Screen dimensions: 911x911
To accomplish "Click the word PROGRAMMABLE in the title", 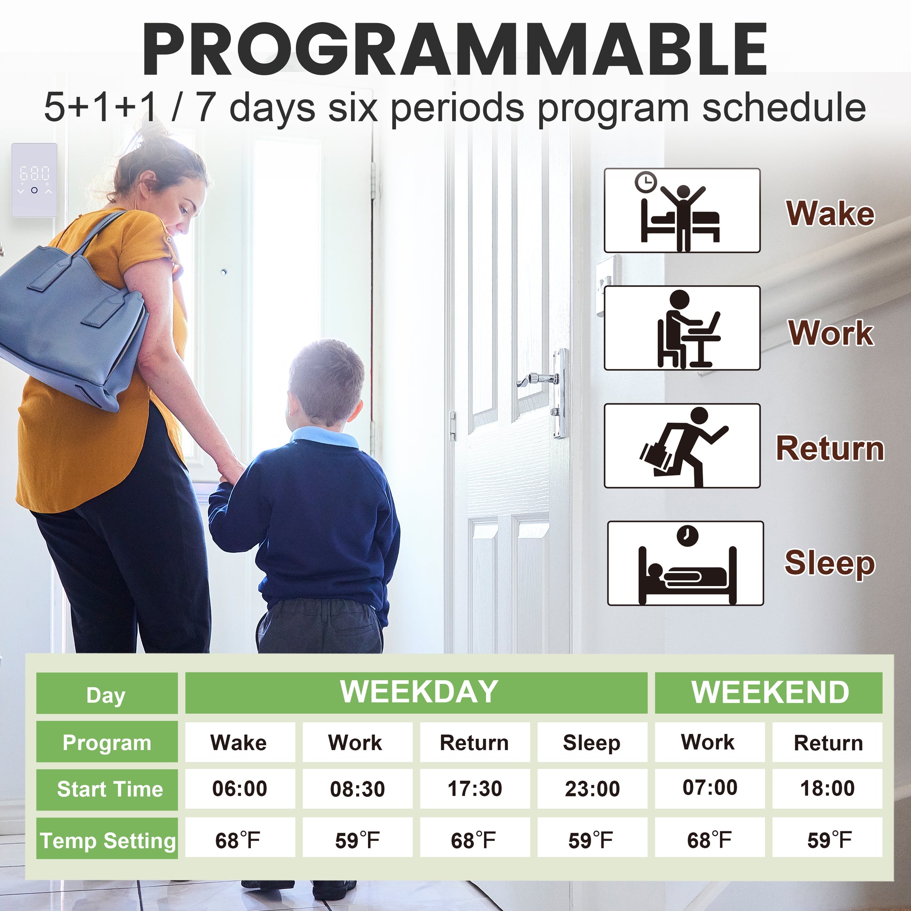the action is point(455,49).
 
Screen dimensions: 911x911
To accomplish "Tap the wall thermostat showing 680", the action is point(35,180).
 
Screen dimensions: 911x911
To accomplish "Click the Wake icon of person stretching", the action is point(682,210).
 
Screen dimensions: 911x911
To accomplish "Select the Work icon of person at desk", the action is point(682,328).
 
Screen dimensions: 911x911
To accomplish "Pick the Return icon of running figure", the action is point(682,446).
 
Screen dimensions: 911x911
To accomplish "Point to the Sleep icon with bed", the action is point(685,563).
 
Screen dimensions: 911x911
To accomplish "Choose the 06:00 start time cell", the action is point(240,789).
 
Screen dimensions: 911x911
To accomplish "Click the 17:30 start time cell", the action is point(475,789).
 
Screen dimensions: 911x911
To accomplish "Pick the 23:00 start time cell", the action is point(592,789).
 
